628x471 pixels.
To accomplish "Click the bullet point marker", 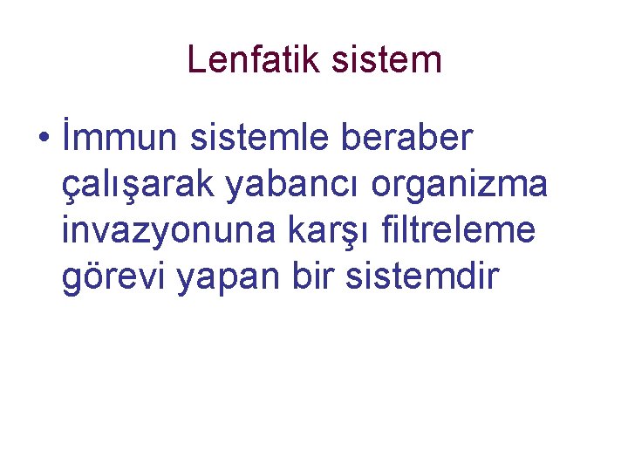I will pos(42,140).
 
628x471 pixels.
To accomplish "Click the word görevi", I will pos(113,278).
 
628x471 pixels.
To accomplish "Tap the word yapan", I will pos(222,278).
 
